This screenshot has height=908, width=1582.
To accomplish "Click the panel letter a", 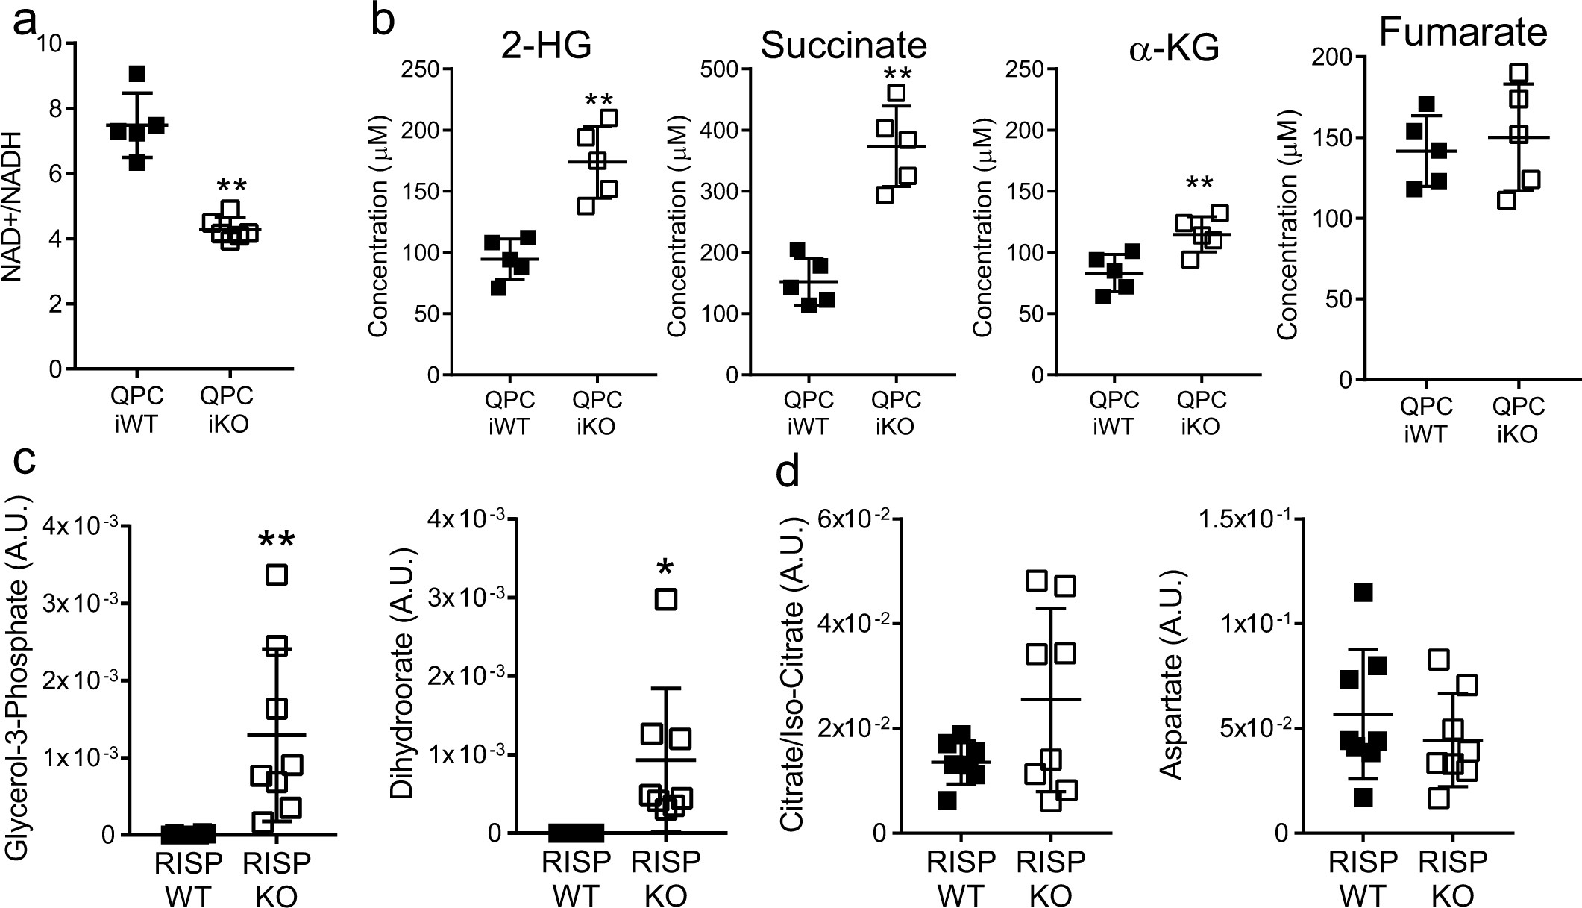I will pos(25,22).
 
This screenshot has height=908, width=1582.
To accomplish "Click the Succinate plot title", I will pos(844,46).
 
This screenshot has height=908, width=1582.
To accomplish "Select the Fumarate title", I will pos(1463,34).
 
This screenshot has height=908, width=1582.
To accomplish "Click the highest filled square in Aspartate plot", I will pos(1363,592).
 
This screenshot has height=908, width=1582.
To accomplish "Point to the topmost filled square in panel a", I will pos(136,74).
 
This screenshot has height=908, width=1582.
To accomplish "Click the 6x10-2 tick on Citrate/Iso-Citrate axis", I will pos(844,519).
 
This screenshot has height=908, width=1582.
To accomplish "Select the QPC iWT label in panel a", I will pos(136,410).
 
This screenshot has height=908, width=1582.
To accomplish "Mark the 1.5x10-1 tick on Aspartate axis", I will pos(1240,519).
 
